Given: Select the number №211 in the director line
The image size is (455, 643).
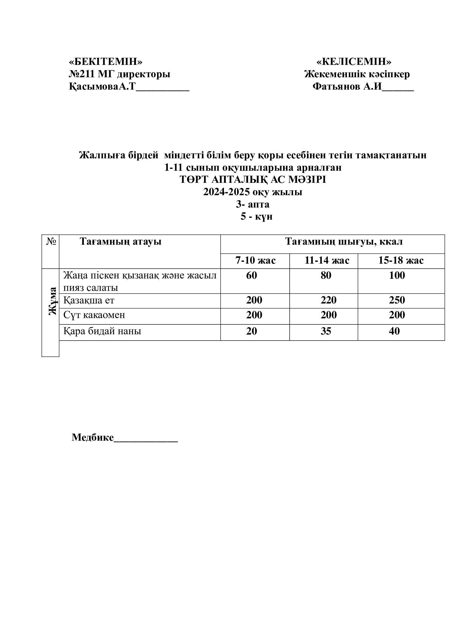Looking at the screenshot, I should click(x=81, y=74).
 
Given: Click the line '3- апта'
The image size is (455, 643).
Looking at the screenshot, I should click(x=253, y=204).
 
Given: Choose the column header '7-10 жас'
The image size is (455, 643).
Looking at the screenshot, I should click(x=255, y=260).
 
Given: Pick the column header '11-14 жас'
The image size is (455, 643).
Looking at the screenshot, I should click(x=327, y=260).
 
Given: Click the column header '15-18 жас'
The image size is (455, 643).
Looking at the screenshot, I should click(x=401, y=260).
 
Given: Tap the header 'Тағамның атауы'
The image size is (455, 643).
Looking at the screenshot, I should click(x=120, y=241).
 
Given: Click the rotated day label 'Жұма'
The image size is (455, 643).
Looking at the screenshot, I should click(x=52, y=301).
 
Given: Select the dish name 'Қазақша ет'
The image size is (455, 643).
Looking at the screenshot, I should click(x=89, y=300).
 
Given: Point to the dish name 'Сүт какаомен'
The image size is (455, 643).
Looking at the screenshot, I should click(x=94, y=315).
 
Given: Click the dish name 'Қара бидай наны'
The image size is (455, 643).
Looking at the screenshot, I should click(x=102, y=331).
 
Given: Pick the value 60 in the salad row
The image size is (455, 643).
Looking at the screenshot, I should click(x=251, y=275).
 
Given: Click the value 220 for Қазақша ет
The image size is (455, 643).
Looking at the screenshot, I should click(x=328, y=300).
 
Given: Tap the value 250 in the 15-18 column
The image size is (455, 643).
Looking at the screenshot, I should click(x=397, y=300).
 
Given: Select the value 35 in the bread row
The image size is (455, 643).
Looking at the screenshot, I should click(x=325, y=331).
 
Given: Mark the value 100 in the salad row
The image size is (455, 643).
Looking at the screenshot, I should click(x=397, y=275).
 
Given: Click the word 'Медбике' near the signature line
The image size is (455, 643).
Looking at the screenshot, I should click(x=93, y=437).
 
